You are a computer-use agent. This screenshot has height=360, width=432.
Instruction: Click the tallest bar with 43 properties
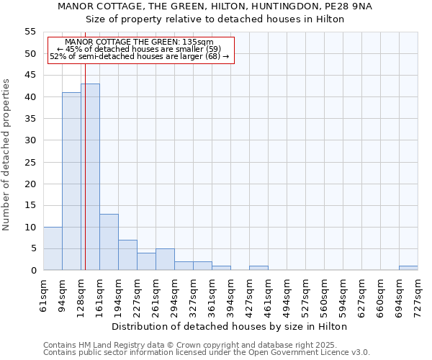pos(90,177)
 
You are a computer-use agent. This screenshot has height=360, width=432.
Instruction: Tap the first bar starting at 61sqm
pos(53,248)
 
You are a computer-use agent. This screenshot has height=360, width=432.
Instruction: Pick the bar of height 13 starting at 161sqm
pos(109,242)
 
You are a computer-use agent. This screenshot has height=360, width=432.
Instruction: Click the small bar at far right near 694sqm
pos(408,268)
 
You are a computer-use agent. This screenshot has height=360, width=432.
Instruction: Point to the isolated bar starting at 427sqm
pos(258,268)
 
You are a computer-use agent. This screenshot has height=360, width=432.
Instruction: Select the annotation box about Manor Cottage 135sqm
pos(141,50)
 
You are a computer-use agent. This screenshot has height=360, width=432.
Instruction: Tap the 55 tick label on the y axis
pos(30,32)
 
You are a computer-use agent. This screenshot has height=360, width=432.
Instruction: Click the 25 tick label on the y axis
pos(30,162)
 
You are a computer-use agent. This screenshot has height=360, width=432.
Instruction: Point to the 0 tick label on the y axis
pos(33,270)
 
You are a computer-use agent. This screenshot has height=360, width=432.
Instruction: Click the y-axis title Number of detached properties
pos(7,155)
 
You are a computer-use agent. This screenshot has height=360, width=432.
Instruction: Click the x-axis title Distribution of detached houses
pos(230,326)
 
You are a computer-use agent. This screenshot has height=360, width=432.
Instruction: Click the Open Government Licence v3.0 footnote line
pos(207,353)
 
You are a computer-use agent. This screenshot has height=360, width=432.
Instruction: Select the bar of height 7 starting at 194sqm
pos(127,255)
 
